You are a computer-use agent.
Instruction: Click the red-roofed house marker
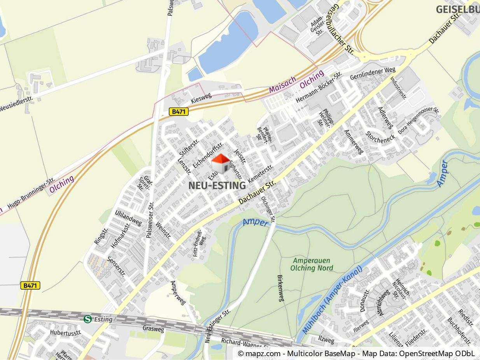click(221, 163)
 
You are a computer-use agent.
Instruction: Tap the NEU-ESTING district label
click(217, 186)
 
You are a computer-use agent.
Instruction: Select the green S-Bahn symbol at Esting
click(88, 319)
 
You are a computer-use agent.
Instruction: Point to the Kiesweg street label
click(201, 98)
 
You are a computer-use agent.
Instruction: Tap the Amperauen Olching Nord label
click(312, 264)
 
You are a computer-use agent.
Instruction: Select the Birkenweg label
click(281, 288)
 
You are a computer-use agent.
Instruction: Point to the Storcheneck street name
click(380, 136)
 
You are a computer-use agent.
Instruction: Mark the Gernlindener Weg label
click(373, 73)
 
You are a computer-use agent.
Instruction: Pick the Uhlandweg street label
click(128, 218)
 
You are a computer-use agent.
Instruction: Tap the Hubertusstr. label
click(65, 333)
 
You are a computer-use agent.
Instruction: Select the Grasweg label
click(153, 329)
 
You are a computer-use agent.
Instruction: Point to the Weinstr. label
click(163, 231)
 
